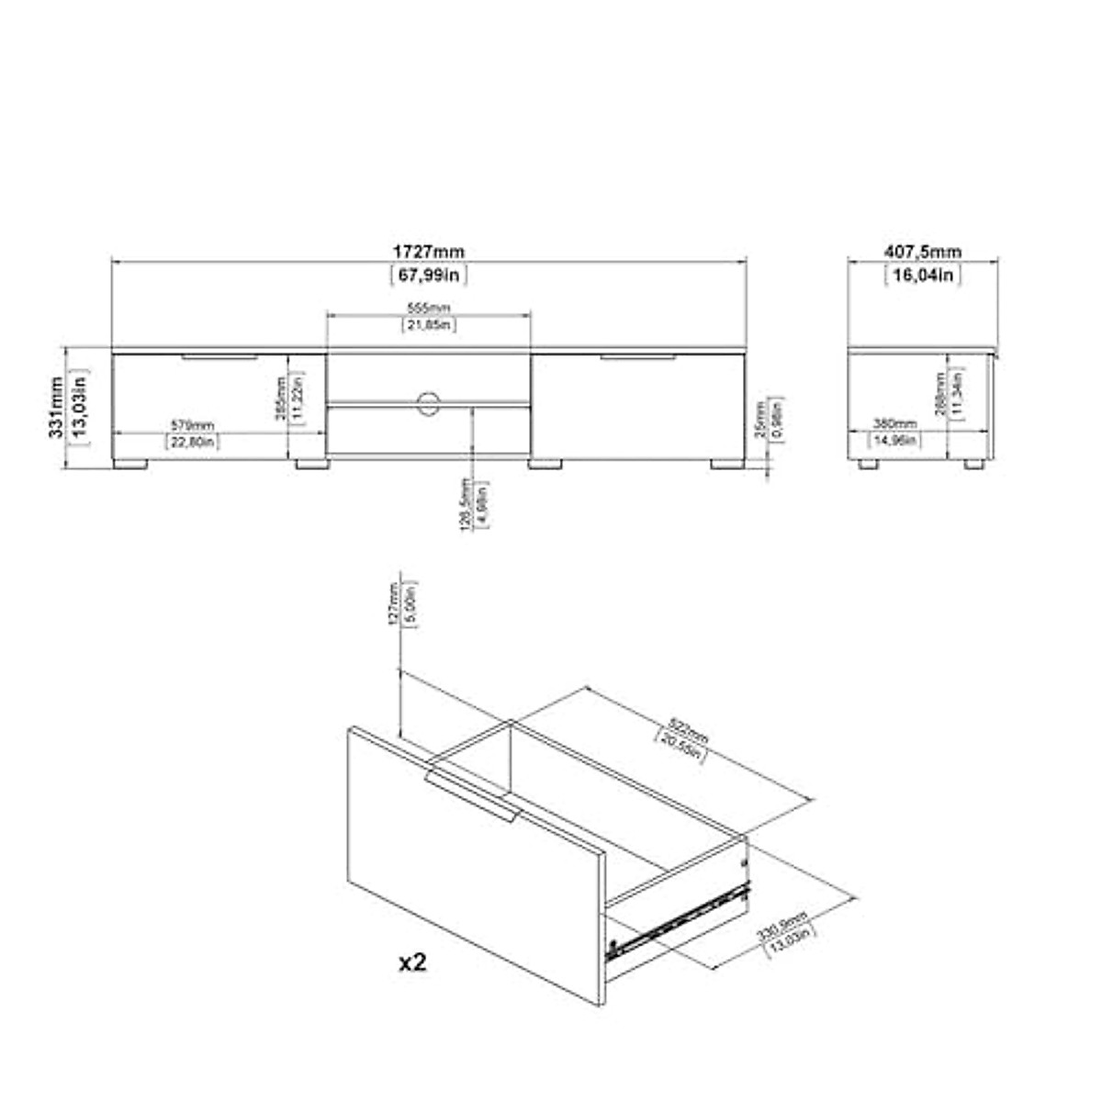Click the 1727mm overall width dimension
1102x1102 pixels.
click(429, 252)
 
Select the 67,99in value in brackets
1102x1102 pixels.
click(429, 275)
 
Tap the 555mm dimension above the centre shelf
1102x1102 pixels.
click(429, 308)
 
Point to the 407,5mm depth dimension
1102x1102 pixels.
click(922, 252)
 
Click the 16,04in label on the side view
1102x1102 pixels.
click(922, 275)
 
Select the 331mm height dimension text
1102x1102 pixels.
click(58, 406)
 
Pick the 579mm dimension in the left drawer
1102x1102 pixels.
click(192, 425)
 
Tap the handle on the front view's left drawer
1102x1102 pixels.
click(219, 356)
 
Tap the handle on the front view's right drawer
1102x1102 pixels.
click(638, 356)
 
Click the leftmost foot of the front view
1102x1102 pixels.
click(129, 465)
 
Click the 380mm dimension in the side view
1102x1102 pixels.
click(894, 424)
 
